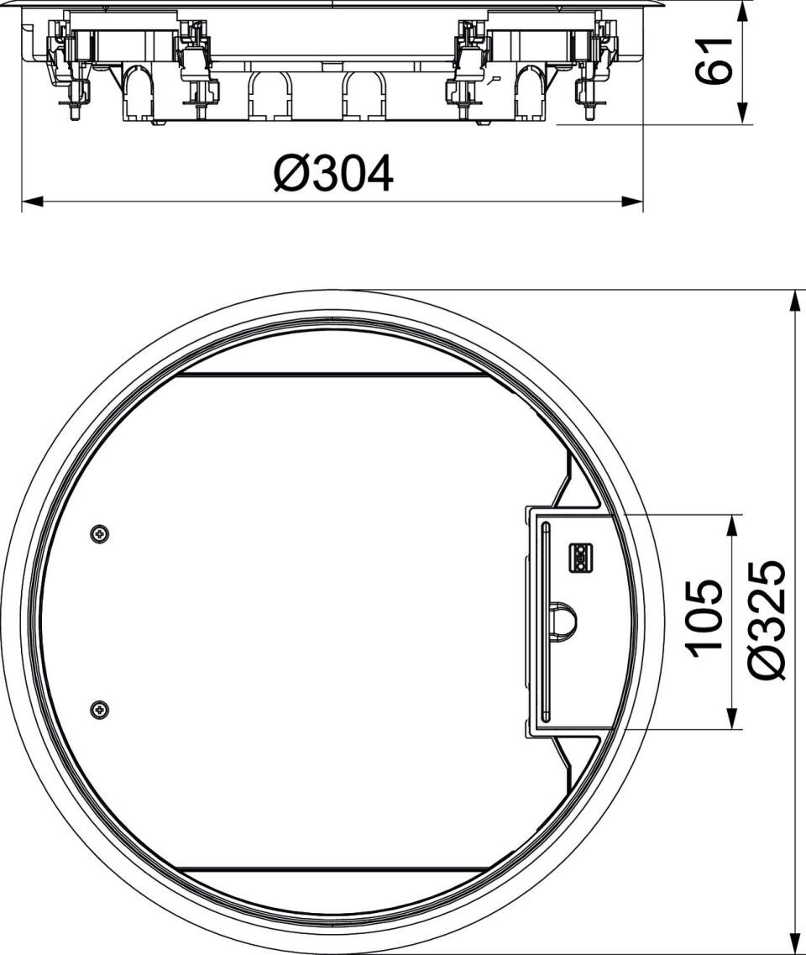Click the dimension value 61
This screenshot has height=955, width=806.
pos(713,60)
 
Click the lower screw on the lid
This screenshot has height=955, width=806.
pos(100,709)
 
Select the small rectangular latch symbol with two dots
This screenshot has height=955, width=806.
pos(580,558)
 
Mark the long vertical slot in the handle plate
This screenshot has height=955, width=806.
pos(544,622)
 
